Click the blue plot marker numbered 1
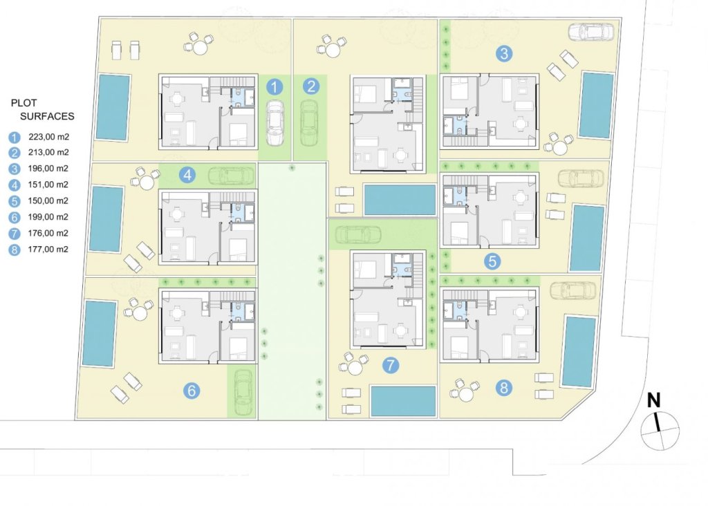pyautogui.click(x=275, y=87)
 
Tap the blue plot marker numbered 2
pyautogui.click(x=312, y=87)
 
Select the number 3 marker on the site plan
pyautogui.click(x=505, y=53)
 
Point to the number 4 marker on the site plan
pyautogui.click(x=187, y=176)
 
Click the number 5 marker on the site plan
pyautogui.click(x=492, y=261)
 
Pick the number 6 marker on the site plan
pyautogui.click(x=192, y=391)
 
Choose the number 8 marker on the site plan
pyautogui.click(x=503, y=388)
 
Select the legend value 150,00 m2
pyautogui.click(x=48, y=200)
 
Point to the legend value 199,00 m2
pyautogui.click(x=48, y=217)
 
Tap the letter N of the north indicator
pyautogui.click(x=653, y=401)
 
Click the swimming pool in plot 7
pyautogui.click(x=403, y=401)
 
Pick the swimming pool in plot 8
pyautogui.click(x=579, y=351)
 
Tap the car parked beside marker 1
pyautogui.click(x=275, y=122)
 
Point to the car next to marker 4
pyautogui.click(x=230, y=176)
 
